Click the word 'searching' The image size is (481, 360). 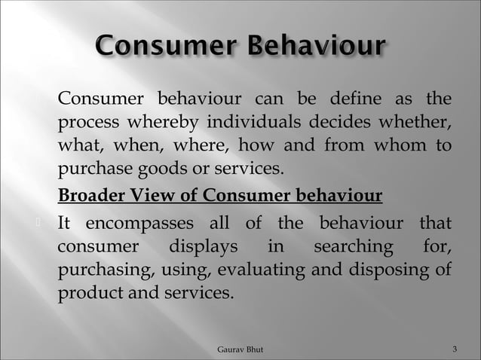(353, 246)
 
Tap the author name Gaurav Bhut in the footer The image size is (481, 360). (240, 349)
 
